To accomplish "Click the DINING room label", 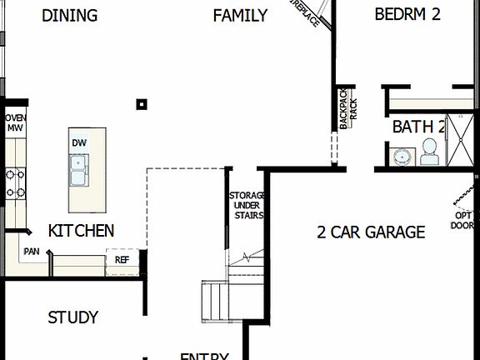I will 69,15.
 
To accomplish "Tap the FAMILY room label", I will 240,15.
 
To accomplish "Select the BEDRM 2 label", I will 407,14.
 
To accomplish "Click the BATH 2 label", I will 418,127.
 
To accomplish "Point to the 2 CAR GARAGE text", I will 371,232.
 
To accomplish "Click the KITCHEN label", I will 81,231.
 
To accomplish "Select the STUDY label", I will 72,317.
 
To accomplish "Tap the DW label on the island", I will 79,142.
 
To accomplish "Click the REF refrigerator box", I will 122,260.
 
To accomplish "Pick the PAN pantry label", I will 32,251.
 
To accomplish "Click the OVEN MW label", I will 16,123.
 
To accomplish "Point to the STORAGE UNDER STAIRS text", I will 247,205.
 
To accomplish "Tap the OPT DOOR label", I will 463,220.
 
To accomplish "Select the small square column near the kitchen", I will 142,104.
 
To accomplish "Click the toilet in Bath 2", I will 430,151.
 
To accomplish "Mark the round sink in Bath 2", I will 403,157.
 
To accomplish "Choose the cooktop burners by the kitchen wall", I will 15,183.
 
